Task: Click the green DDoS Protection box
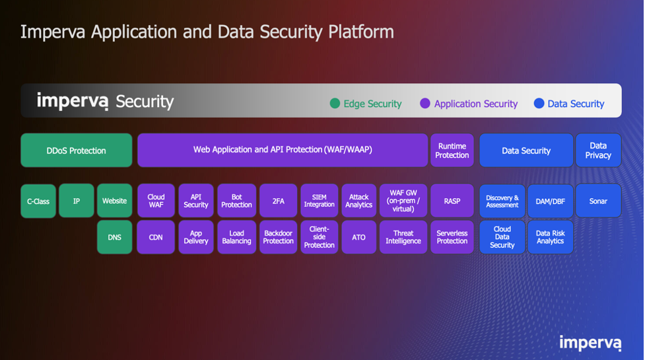pyautogui.click(x=77, y=150)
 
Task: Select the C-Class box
pyautogui.click(x=38, y=201)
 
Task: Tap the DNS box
pyautogui.click(x=114, y=237)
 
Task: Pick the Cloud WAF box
pyautogui.click(x=156, y=201)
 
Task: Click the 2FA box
pyautogui.click(x=278, y=201)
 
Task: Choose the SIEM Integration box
pyautogui.click(x=320, y=201)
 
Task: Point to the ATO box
pyautogui.click(x=358, y=237)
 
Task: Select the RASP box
pyautogui.click(x=452, y=201)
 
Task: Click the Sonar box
pyautogui.click(x=598, y=201)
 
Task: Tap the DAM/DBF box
pyautogui.click(x=551, y=201)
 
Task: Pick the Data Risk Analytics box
pyautogui.click(x=551, y=237)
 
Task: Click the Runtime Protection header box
pyautogui.click(x=452, y=150)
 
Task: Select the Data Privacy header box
pyautogui.click(x=598, y=150)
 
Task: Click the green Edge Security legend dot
pyautogui.click(x=335, y=103)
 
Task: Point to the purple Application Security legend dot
pyautogui.click(x=425, y=103)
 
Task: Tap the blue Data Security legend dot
pyautogui.click(x=539, y=103)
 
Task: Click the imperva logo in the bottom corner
pyautogui.click(x=590, y=343)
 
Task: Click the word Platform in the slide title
pyautogui.click(x=360, y=32)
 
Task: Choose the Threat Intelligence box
pyautogui.click(x=403, y=237)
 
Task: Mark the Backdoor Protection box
pyautogui.click(x=278, y=237)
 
